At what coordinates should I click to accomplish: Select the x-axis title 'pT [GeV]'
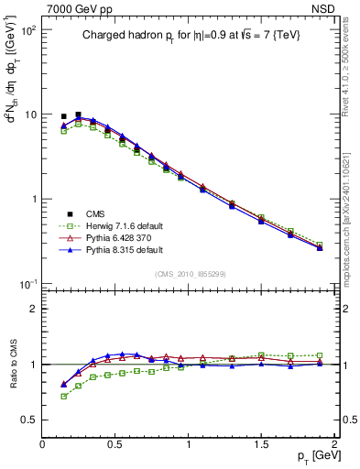[312, 455]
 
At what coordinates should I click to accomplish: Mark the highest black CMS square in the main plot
[79, 115]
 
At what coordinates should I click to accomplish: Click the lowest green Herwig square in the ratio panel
[63, 397]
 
